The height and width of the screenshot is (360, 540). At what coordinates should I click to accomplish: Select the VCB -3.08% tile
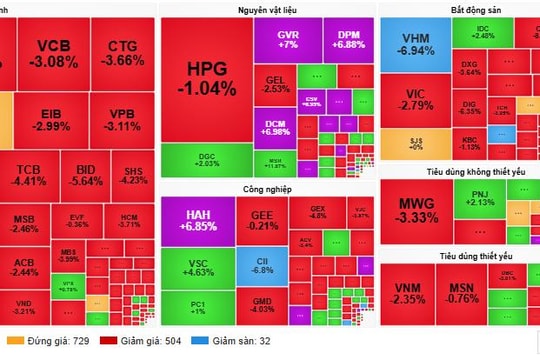[53, 53]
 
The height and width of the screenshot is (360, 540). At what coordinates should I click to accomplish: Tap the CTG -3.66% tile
[124, 53]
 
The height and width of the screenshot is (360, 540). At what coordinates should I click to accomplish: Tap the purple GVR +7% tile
[288, 40]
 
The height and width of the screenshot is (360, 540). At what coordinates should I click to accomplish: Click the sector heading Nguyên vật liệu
[266, 9]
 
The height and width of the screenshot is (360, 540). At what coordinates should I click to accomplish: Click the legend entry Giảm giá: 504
[134, 342]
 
